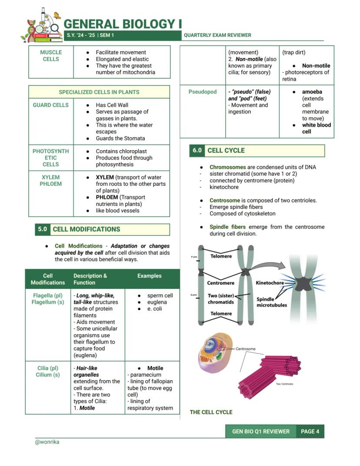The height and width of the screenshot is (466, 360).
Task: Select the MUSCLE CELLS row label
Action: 51,56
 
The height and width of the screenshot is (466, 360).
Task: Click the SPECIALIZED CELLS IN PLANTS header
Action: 99,92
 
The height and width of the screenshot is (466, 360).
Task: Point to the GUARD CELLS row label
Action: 51,105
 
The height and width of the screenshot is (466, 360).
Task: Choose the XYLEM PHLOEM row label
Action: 51,181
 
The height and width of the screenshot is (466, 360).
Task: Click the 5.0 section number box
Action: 42,229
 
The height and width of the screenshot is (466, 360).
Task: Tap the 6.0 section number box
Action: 197,151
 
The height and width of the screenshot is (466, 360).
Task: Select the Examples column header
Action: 149,276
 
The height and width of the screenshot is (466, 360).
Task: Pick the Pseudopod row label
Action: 203,92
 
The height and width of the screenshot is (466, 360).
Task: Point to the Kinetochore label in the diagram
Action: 270,283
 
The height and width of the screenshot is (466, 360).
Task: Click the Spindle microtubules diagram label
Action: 272,302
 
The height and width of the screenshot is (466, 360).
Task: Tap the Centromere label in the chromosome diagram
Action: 220,283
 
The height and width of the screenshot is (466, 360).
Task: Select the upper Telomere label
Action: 221,256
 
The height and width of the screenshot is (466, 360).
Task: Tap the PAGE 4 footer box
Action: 310,431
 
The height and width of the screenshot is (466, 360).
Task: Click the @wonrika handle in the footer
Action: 47,442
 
